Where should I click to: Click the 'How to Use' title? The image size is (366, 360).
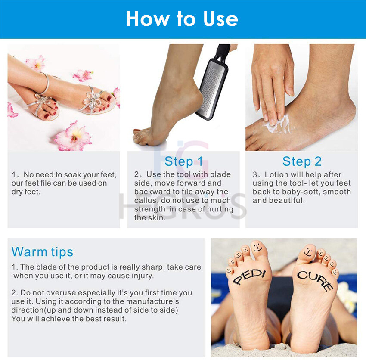coord(182,19)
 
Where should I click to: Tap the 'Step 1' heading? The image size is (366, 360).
coord(184,161)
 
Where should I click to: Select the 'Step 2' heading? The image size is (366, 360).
coord(302,161)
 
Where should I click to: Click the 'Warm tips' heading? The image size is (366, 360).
coord(42,252)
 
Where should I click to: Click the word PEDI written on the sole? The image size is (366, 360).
coord(249,277)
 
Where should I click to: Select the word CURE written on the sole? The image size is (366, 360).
coord(315,281)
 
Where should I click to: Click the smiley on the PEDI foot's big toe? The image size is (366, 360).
coord(257,247)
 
